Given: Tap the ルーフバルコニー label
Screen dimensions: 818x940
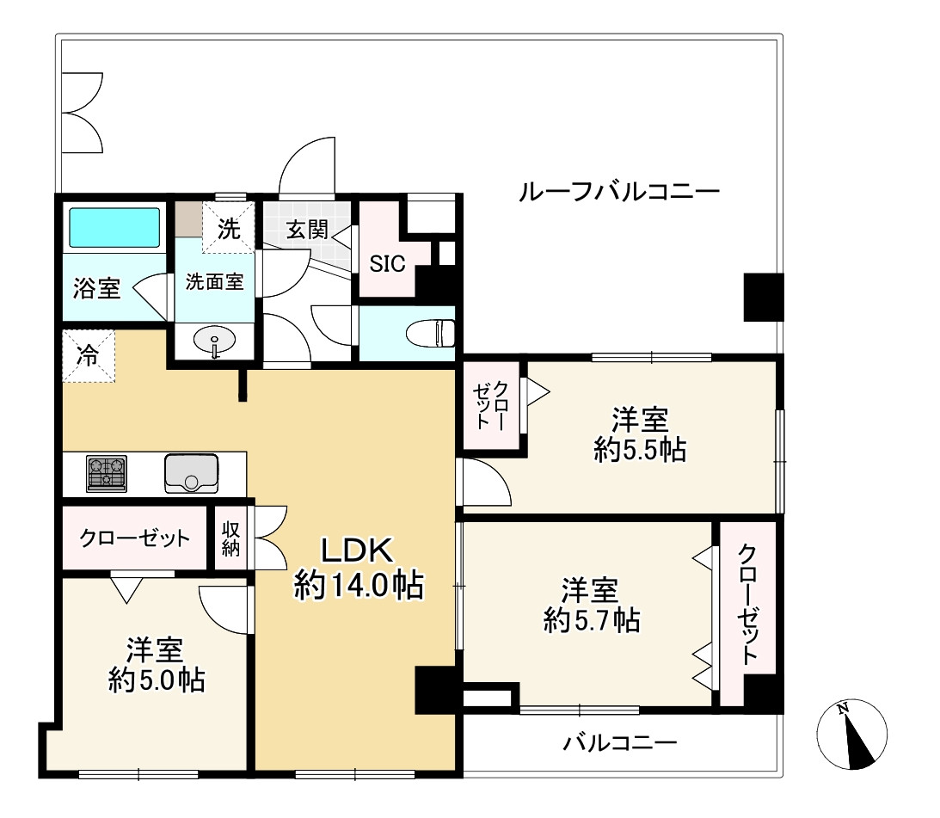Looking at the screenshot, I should click(x=618, y=191).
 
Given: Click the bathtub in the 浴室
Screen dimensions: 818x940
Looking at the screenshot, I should click(x=114, y=227).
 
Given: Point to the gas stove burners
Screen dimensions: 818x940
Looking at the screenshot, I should click(x=107, y=474).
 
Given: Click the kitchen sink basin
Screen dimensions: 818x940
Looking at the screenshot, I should click(x=190, y=473).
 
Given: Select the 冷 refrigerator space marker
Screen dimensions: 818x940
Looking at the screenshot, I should click(x=88, y=355).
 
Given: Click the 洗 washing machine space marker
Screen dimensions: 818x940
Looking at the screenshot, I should click(x=228, y=229).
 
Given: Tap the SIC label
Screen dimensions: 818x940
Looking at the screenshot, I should click(x=387, y=264).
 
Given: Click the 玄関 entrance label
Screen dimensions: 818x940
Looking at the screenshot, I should click(x=307, y=230).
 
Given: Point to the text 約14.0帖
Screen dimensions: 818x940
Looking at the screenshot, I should click(x=358, y=586).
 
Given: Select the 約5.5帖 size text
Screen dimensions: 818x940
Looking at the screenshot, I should click(x=640, y=449).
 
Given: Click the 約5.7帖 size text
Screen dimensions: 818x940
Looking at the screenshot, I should click(x=591, y=619).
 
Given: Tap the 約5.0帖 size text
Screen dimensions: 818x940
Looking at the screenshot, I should click(x=156, y=680).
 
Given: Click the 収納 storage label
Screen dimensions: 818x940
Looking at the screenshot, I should click(x=230, y=538).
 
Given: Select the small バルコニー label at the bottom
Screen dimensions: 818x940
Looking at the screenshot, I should click(x=620, y=742).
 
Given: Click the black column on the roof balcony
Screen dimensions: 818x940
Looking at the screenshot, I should click(x=763, y=297).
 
